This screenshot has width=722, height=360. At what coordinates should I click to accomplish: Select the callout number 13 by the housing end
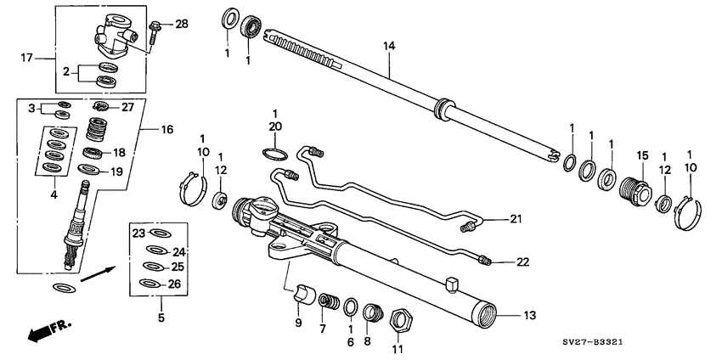tap(529, 315)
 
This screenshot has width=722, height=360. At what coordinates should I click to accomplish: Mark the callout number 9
tap(297, 323)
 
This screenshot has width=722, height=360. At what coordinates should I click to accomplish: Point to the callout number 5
tap(161, 319)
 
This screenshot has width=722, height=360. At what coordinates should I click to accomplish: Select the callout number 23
tap(139, 233)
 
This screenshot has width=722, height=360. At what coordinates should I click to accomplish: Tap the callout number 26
tap(174, 284)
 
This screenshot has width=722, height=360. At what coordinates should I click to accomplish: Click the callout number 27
tap(128, 107)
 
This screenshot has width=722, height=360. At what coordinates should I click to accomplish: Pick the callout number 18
tap(119, 153)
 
